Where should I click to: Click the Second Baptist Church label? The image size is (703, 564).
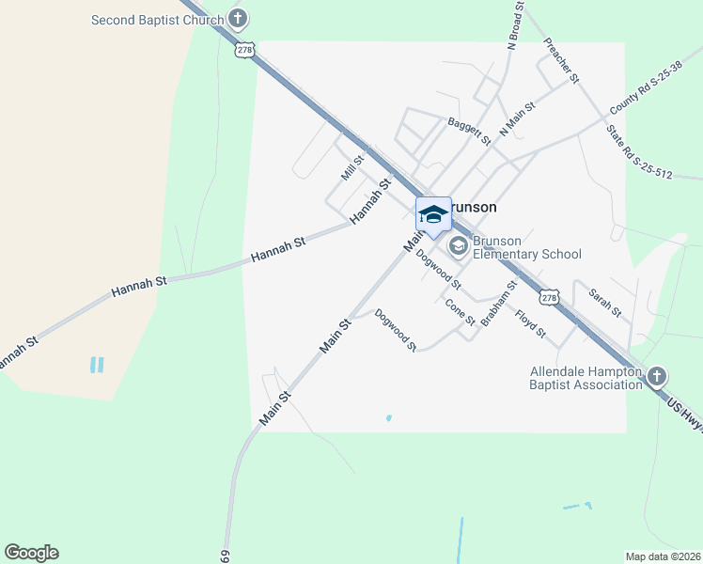[x=157, y=20]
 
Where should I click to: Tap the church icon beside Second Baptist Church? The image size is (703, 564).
[x=239, y=19]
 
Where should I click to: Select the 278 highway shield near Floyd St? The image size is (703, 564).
[x=550, y=297]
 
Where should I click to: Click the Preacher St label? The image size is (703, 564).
[x=560, y=61]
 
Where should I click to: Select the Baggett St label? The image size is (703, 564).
[x=469, y=131]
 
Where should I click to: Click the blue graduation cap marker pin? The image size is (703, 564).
[x=432, y=215]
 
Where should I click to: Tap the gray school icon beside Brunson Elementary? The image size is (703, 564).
[x=459, y=246]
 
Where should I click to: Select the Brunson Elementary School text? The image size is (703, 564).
[x=526, y=247]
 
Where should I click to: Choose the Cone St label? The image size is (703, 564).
[x=461, y=312]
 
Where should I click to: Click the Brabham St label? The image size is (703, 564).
[x=499, y=303]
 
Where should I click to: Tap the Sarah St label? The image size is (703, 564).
[x=604, y=302]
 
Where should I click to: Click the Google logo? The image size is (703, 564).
[x=31, y=553]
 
